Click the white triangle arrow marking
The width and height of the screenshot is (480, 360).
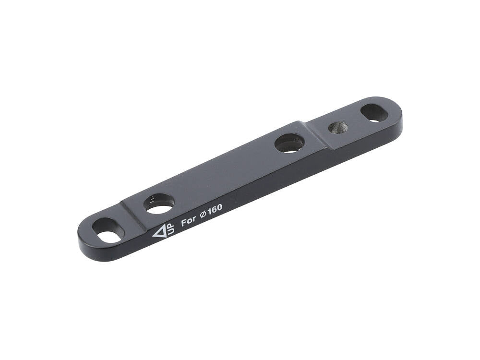point(158,232)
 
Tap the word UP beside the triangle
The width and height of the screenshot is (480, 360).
point(169,228)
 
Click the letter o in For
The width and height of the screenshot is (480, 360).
point(189,221)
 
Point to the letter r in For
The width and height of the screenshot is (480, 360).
point(193,219)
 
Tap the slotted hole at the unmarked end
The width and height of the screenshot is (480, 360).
point(374,112)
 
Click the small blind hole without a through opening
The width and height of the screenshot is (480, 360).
point(338,127)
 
